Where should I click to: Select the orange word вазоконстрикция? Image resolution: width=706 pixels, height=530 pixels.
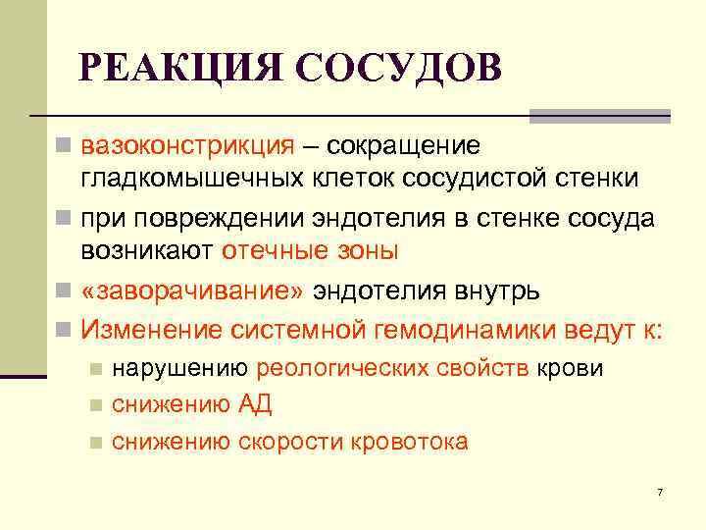click(x=186, y=146)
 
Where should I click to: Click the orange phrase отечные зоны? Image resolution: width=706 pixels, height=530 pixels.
click(x=310, y=249)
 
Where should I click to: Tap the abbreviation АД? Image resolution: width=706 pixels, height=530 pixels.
click(x=254, y=404)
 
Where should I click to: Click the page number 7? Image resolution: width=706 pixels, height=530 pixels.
click(x=660, y=491)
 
